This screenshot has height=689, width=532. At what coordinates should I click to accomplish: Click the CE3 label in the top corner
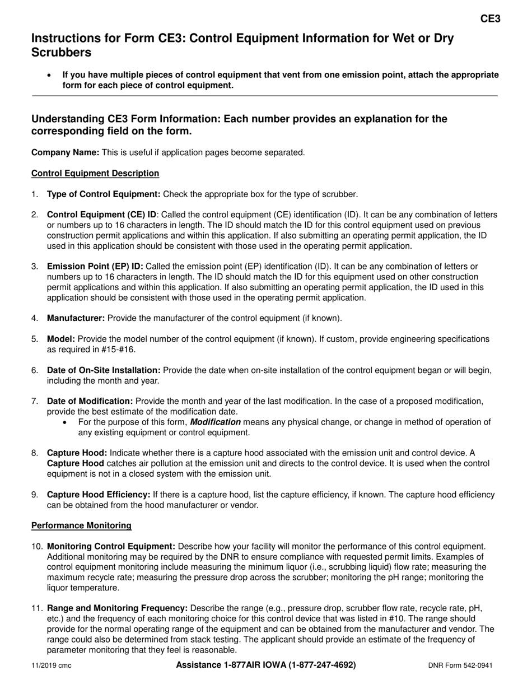point(490,18)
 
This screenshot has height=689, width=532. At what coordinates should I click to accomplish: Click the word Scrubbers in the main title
point(62,53)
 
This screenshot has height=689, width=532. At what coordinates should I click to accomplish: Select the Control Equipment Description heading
point(95,173)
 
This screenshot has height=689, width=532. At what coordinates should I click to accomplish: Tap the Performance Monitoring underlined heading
point(81,525)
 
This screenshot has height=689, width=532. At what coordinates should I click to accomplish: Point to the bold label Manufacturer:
point(76,318)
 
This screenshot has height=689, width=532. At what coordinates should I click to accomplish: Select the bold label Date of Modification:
point(90,401)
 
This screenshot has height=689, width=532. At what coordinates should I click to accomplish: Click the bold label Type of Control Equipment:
point(104,194)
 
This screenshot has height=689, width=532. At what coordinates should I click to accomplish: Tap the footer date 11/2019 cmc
point(51,665)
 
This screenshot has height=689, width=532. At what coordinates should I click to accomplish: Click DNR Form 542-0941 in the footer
point(460,665)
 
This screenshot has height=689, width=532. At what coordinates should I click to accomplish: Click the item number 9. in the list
point(35,495)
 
